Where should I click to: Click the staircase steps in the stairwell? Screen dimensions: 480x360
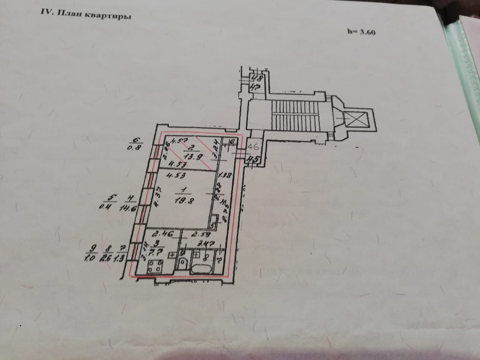(x=291, y=115)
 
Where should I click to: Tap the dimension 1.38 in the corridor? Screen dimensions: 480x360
(x=225, y=175)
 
